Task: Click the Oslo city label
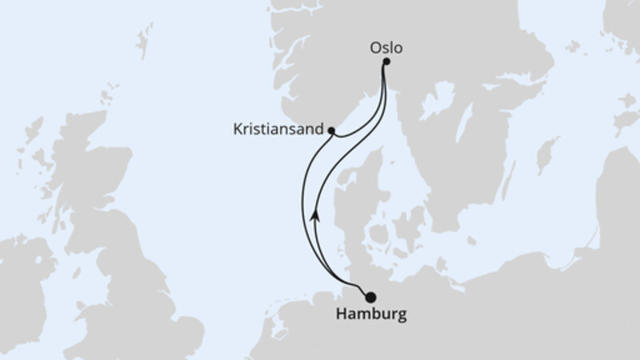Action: click(386, 47)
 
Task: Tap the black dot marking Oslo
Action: click(386, 62)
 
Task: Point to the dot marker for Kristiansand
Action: click(330, 129)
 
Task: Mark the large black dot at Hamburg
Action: click(370, 297)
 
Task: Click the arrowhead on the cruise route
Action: click(316, 214)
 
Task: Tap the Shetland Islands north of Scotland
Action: click(145, 39)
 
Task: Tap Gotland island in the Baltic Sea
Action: click(547, 152)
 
